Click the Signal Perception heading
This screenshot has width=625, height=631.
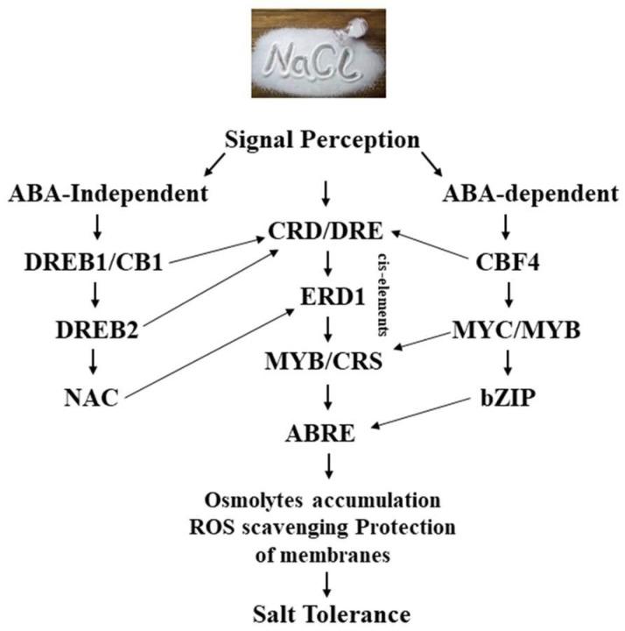coord(322,140)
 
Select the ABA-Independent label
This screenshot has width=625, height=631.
coord(109,193)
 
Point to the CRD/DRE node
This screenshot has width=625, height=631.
coord(326,232)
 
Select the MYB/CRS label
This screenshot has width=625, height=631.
coord(325,359)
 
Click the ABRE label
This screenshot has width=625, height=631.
coord(325,432)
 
